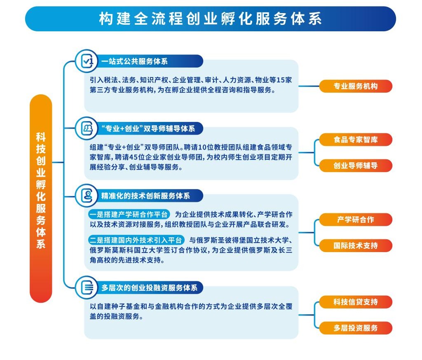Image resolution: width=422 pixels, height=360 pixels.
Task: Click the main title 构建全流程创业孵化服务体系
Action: (x=210, y=19)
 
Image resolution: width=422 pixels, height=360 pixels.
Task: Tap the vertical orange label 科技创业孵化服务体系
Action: (x=41, y=190)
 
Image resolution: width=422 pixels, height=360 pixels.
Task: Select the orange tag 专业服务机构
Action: (x=356, y=86)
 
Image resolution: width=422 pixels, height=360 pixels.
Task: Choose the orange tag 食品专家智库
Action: (x=356, y=139)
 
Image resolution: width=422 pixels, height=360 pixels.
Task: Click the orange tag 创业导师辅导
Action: (x=356, y=166)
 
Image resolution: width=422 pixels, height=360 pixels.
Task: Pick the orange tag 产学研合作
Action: (x=356, y=220)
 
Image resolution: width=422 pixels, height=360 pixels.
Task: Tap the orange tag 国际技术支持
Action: (x=356, y=245)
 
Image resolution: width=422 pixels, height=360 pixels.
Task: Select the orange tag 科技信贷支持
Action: (x=356, y=302)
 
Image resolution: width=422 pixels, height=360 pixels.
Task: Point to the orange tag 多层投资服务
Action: (x=356, y=328)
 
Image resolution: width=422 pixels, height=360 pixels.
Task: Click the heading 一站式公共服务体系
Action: (x=134, y=61)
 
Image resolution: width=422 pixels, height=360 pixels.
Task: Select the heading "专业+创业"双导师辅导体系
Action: (x=148, y=129)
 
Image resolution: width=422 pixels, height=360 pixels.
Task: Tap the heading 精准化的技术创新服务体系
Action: (x=145, y=196)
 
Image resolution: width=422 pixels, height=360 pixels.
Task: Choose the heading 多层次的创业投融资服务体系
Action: (x=149, y=288)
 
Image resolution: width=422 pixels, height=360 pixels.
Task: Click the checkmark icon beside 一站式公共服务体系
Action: (x=86, y=61)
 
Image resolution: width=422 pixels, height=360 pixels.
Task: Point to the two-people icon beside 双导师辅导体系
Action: (x=86, y=129)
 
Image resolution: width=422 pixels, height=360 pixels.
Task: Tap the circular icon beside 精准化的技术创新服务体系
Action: (x=86, y=196)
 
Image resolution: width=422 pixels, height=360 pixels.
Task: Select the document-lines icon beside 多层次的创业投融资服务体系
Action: (x=86, y=288)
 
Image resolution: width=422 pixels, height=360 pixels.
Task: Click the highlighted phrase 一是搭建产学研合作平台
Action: (x=129, y=215)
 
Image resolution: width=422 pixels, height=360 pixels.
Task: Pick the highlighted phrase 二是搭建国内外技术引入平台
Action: (x=136, y=240)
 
